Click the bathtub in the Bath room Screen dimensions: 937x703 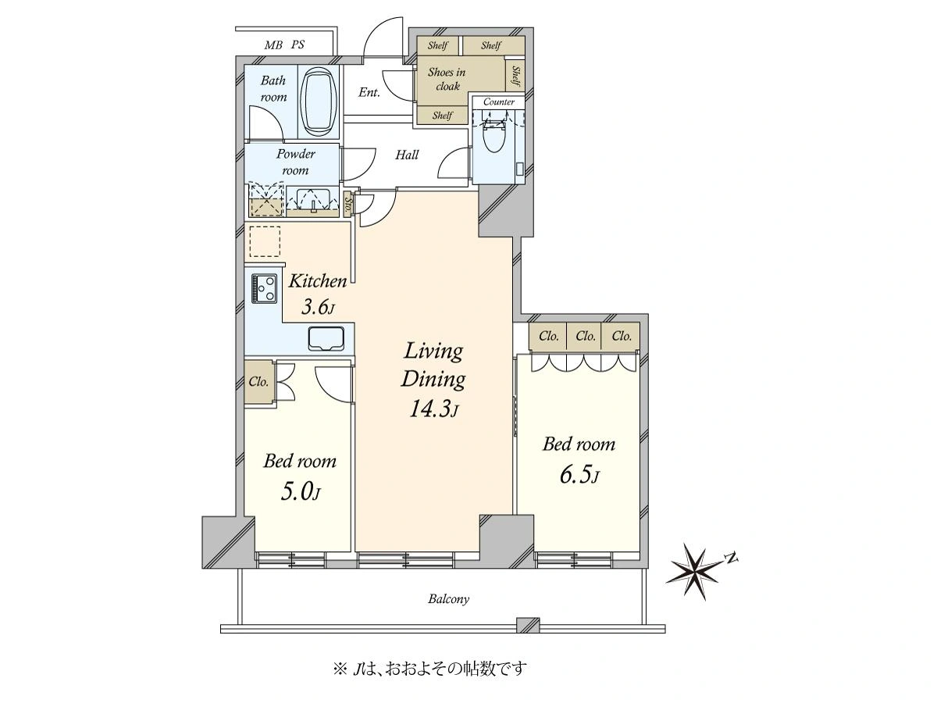319,102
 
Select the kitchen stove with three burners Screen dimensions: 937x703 265,288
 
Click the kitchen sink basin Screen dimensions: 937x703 326,339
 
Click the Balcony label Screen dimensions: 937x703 449,599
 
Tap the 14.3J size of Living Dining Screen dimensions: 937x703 433,409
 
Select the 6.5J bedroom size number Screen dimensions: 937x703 579,475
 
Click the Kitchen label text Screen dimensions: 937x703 318,281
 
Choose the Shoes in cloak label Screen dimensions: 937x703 447,80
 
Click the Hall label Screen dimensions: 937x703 406,155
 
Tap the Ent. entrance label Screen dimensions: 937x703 369,92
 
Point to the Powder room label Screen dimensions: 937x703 295,162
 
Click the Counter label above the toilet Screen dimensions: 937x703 499,102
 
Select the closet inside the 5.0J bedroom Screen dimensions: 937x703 258,382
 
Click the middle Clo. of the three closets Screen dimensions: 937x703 586,337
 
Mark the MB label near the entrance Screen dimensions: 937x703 273,45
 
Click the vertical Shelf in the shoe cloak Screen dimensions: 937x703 515,77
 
